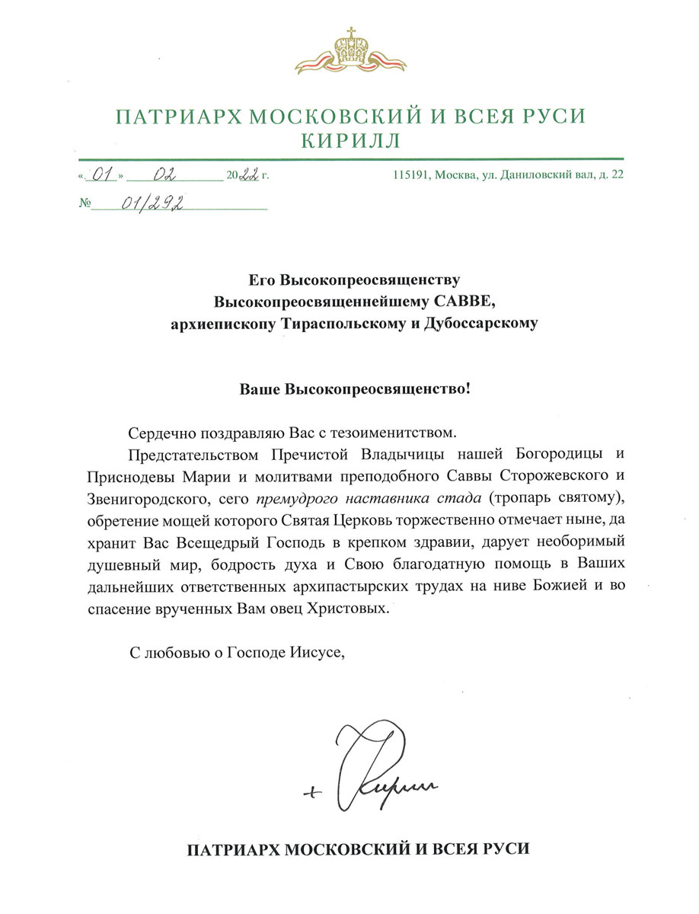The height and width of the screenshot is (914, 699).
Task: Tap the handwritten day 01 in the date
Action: click(x=103, y=174)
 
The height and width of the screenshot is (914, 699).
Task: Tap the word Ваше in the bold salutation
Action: click(x=260, y=389)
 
